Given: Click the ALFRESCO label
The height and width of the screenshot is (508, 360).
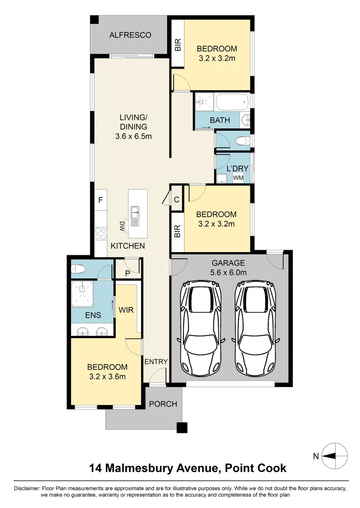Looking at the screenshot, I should click(x=130, y=35).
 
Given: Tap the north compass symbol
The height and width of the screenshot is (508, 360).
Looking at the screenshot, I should click(x=335, y=455).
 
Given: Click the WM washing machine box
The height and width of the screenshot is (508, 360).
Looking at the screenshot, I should click(x=239, y=178).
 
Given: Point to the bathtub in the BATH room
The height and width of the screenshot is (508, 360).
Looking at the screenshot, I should click(x=231, y=102).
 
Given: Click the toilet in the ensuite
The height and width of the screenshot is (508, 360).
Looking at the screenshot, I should click(x=78, y=270).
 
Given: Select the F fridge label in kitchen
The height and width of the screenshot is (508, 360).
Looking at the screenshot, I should click(x=100, y=200).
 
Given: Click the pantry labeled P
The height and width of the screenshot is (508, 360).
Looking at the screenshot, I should click(x=127, y=272).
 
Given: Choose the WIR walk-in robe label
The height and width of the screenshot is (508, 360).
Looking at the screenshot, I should click(x=126, y=310).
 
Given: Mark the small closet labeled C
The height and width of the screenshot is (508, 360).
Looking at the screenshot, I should click(x=176, y=199).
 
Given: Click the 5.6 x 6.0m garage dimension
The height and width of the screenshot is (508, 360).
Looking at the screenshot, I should click(x=229, y=272).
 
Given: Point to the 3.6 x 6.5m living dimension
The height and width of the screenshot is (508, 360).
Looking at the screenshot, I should click(x=133, y=136).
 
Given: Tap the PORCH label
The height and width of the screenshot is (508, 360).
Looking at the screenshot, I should click(x=163, y=404).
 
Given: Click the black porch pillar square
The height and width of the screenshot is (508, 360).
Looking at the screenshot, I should click(x=182, y=428).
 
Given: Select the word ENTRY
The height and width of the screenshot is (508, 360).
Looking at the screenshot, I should click(x=156, y=361).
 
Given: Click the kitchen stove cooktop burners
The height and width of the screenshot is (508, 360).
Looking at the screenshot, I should click(x=100, y=232).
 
